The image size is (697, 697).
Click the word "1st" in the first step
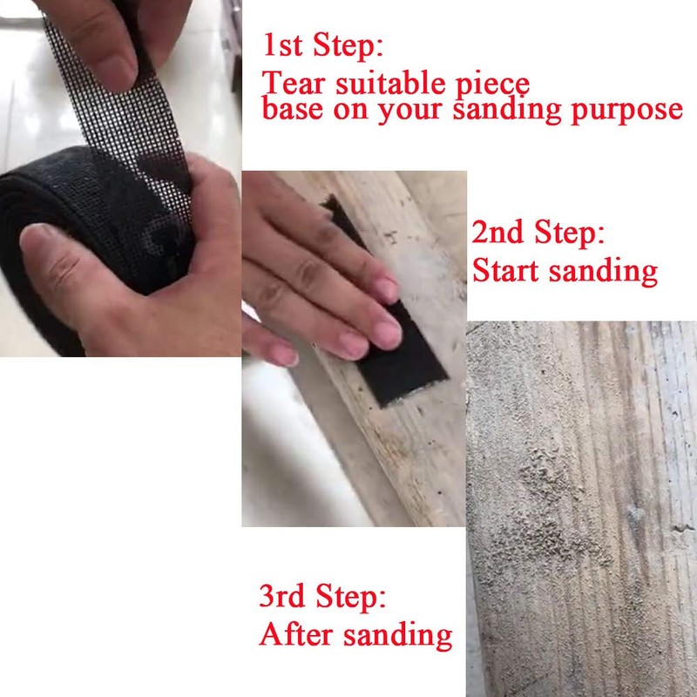[x=285, y=44]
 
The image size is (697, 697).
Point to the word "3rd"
[x=286, y=598]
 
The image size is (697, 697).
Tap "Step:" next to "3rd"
[x=353, y=599]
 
